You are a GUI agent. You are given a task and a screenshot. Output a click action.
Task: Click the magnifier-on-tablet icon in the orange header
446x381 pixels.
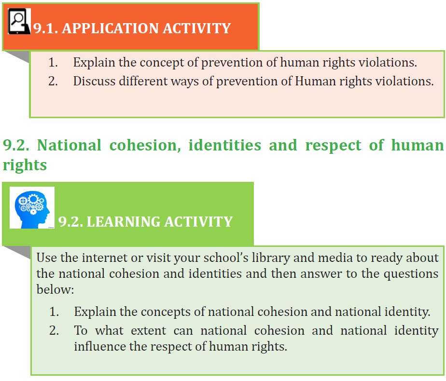coord(19,21)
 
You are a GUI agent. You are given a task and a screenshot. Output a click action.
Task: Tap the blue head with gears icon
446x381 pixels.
coord(32,208)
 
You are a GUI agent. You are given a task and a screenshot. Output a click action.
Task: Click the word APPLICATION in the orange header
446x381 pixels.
coord(110,28)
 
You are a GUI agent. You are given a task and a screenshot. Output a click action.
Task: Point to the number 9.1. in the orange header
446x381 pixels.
coord(45,28)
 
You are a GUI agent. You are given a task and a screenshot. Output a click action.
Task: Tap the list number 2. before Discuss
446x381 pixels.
coord(53,81)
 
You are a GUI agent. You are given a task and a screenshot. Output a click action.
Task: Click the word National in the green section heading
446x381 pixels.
coord(69,145)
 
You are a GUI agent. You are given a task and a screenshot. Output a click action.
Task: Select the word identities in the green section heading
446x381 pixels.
coord(225,145)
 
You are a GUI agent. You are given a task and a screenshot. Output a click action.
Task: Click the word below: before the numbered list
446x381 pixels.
coord(55,289)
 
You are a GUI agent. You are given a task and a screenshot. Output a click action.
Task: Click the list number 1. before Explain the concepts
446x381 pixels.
coord(54,312)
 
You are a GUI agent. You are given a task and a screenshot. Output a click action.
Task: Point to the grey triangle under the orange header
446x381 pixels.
coord(19,55)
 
